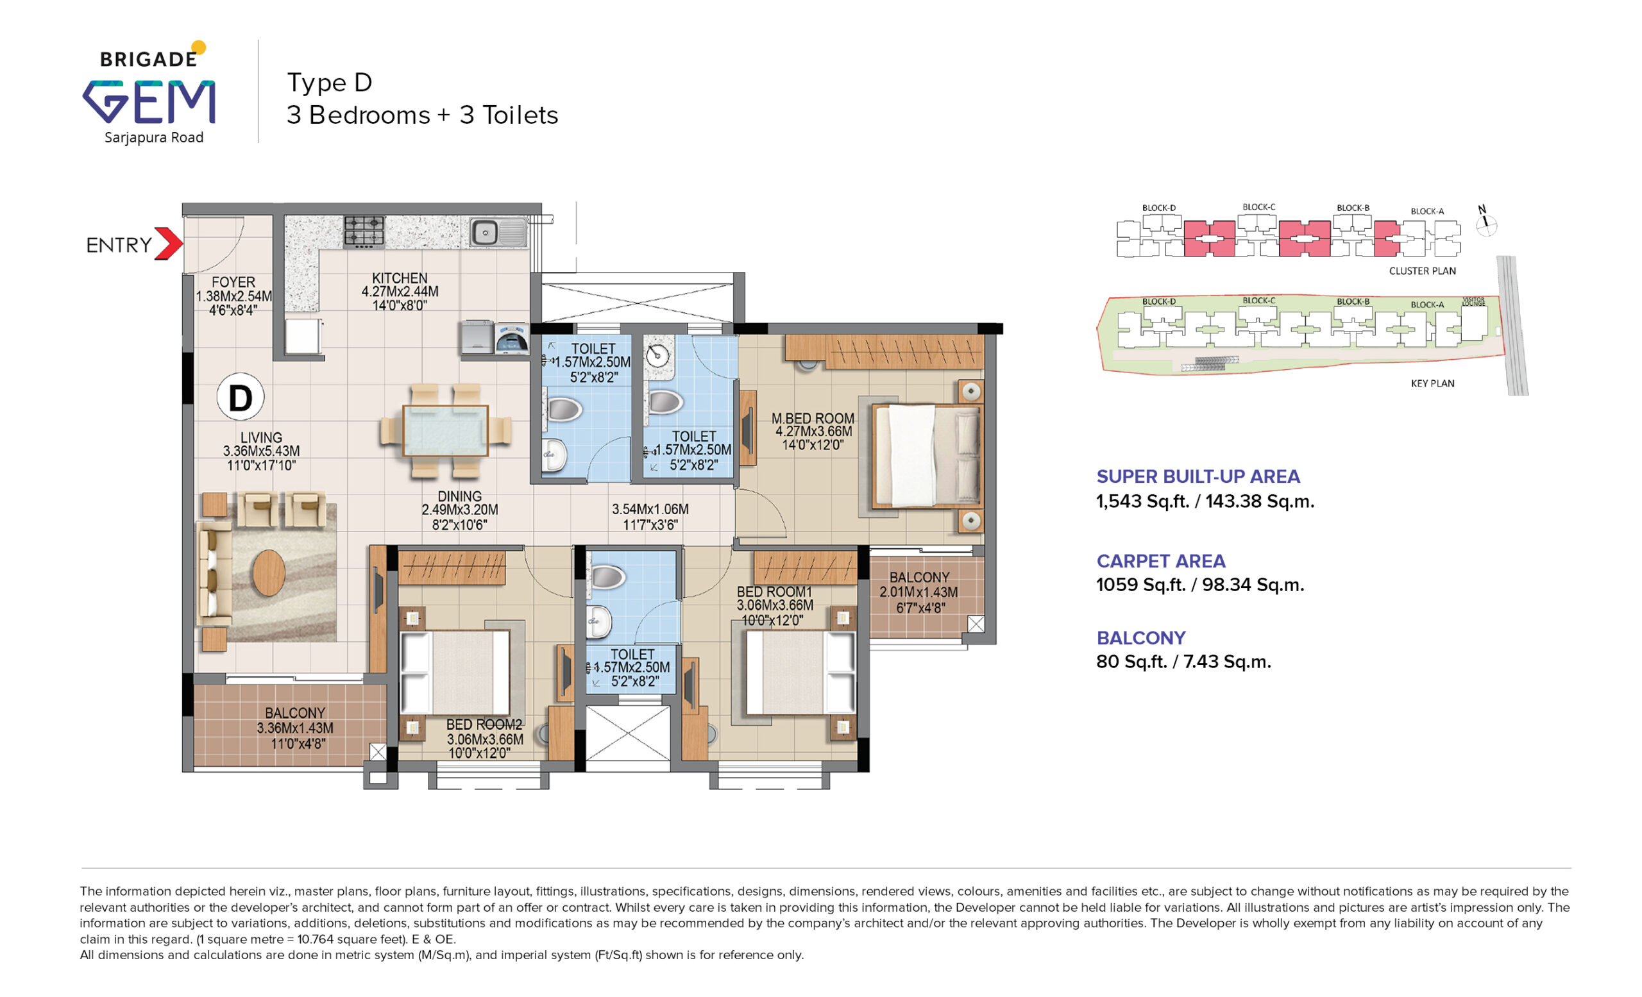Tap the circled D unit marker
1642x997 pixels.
coord(241,397)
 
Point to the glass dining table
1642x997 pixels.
coord(445,430)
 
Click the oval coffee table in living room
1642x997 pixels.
coord(269,572)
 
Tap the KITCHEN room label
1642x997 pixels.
coord(400,278)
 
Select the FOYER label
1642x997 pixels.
coord(233,281)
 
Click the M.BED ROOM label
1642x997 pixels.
coord(813,418)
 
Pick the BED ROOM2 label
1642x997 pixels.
coord(484,724)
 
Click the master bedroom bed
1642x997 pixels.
coord(927,457)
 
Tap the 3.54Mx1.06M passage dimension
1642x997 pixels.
coord(650,509)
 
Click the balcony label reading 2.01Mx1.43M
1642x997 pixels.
coord(919,591)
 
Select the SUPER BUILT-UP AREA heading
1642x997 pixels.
coord(1198,476)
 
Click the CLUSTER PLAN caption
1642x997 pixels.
coord(1422,271)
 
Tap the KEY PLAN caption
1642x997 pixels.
coord(1432,383)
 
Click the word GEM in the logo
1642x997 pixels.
coord(149,102)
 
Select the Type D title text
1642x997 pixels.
coord(329,83)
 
